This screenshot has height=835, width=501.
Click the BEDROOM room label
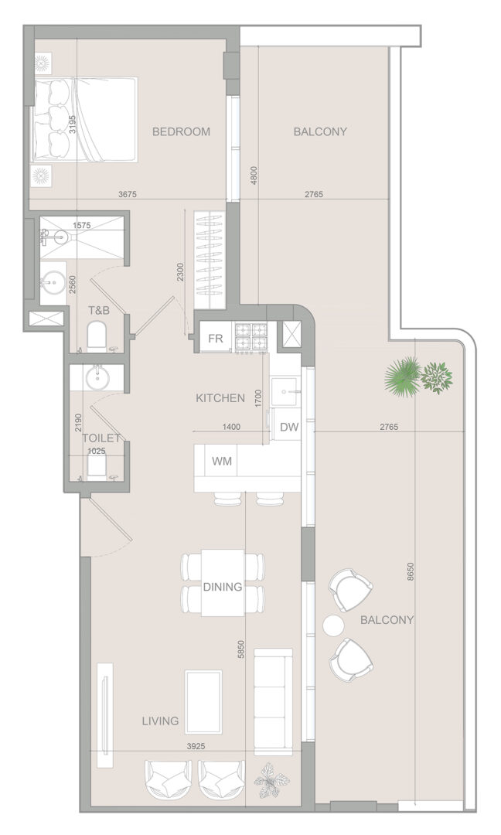coord(181,131)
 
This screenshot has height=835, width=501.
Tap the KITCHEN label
coord(220,398)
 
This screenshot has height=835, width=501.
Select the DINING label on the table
coord(223,587)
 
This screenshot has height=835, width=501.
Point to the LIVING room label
coord(160,721)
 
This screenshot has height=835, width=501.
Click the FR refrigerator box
coord(216,339)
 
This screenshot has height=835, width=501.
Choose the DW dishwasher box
coord(289,427)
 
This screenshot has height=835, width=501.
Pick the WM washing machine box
coord(222,461)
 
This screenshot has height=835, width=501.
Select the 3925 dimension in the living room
coord(196,747)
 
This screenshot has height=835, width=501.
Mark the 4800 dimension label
coord(254,176)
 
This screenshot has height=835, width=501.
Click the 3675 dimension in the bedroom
coord(128,194)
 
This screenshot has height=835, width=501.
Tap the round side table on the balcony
coord(334,625)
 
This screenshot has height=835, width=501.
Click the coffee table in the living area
coord(203,701)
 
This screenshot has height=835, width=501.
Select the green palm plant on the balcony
coord(403,375)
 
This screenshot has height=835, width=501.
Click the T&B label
coord(98,310)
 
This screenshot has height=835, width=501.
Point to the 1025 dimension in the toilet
coord(97,451)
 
